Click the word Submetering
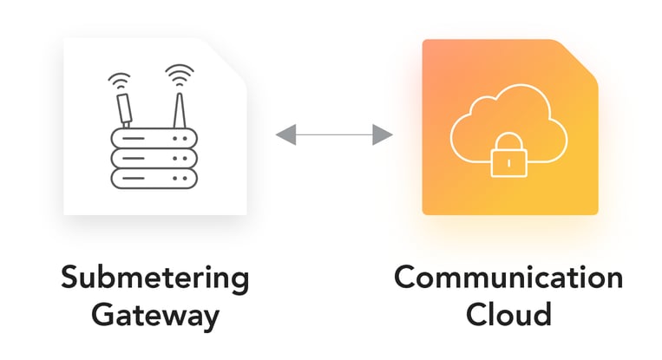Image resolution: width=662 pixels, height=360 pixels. click(154, 279)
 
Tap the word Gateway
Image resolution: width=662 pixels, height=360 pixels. click(154, 315)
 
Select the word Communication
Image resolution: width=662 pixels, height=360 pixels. click(508, 279)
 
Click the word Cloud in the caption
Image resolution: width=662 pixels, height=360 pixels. click(508, 313)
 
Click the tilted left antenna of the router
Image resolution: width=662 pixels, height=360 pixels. click(124, 110)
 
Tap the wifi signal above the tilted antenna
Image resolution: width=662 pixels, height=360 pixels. click(118, 82)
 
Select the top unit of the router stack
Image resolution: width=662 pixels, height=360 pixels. click(154, 139)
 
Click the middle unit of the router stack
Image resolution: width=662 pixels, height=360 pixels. click(154, 160)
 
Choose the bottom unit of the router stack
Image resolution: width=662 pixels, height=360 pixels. click(154, 180)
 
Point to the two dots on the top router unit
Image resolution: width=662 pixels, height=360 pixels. click(180, 139)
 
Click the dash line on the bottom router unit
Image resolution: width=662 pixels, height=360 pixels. click(142, 180)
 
